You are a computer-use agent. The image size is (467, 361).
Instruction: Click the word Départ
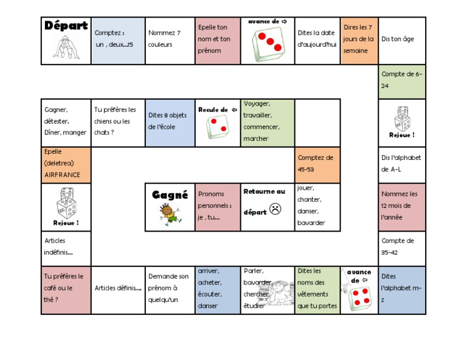click(66, 26)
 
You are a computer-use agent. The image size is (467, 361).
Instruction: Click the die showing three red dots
click(268, 45)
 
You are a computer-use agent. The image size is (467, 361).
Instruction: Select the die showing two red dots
click(218, 128)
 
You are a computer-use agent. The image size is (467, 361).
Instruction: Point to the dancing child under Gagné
click(167, 215)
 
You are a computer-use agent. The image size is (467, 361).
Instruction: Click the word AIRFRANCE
click(63, 174)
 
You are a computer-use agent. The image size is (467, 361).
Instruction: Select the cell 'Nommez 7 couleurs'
click(170, 41)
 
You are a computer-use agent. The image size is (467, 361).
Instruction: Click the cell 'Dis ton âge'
click(402, 41)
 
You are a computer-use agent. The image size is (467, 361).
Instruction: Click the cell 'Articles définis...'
click(118, 289)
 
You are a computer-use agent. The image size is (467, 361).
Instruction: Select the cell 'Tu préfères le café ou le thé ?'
click(66, 289)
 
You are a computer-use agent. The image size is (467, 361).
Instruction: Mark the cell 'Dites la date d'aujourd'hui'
click(317, 41)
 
